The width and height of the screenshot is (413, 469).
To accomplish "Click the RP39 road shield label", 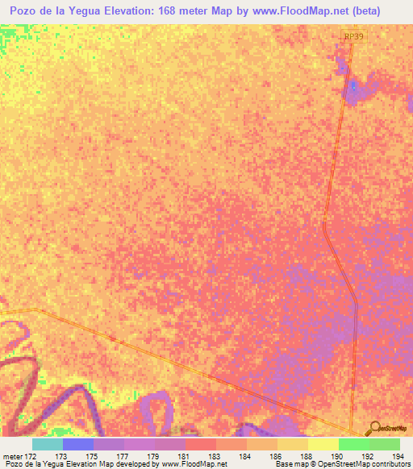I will click(x=353, y=36).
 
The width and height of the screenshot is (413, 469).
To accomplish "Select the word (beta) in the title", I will click(x=382, y=10).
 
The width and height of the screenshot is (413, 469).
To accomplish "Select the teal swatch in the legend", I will click(x=48, y=444).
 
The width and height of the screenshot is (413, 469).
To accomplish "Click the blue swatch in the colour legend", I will click(x=78, y=444).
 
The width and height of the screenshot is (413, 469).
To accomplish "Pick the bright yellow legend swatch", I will click(x=323, y=444).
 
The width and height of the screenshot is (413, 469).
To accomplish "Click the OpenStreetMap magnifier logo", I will click(x=373, y=429).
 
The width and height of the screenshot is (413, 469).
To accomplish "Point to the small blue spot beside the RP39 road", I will click(x=353, y=85).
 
